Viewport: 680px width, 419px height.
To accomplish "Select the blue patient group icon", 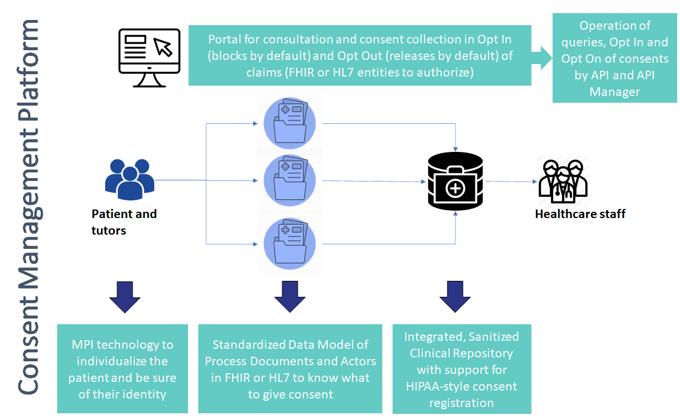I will (130, 179).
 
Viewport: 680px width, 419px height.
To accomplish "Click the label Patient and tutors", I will (124, 222).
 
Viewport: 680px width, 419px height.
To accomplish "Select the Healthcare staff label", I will (580, 214).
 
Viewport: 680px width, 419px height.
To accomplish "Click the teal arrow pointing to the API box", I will (541, 58).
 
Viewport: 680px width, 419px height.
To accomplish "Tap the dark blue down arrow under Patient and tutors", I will (125, 296).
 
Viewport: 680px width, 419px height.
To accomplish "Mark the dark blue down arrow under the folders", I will (290, 296).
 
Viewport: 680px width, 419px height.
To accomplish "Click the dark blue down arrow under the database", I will (455, 296).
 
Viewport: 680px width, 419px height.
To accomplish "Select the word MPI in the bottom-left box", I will (83, 345).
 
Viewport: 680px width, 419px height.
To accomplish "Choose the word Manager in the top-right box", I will (614, 91).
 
